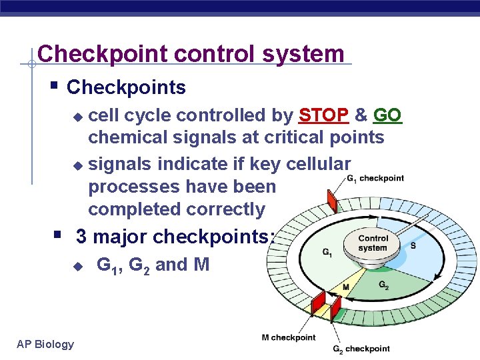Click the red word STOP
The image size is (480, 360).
(x=324, y=115)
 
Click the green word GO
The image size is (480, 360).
(x=387, y=115)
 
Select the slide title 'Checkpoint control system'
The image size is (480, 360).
(x=191, y=53)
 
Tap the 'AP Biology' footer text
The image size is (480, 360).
(x=45, y=344)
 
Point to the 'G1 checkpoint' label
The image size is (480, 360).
(x=375, y=178)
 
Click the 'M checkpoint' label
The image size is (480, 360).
(x=289, y=337)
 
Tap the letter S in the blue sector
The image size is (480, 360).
(x=413, y=246)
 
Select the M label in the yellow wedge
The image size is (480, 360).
(x=346, y=287)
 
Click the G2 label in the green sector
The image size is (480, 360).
(x=384, y=285)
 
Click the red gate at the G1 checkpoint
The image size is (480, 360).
(x=331, y=201)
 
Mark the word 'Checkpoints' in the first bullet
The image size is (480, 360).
(x=127, y=87)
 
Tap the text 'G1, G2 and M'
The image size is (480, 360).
(x=153, y=265)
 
